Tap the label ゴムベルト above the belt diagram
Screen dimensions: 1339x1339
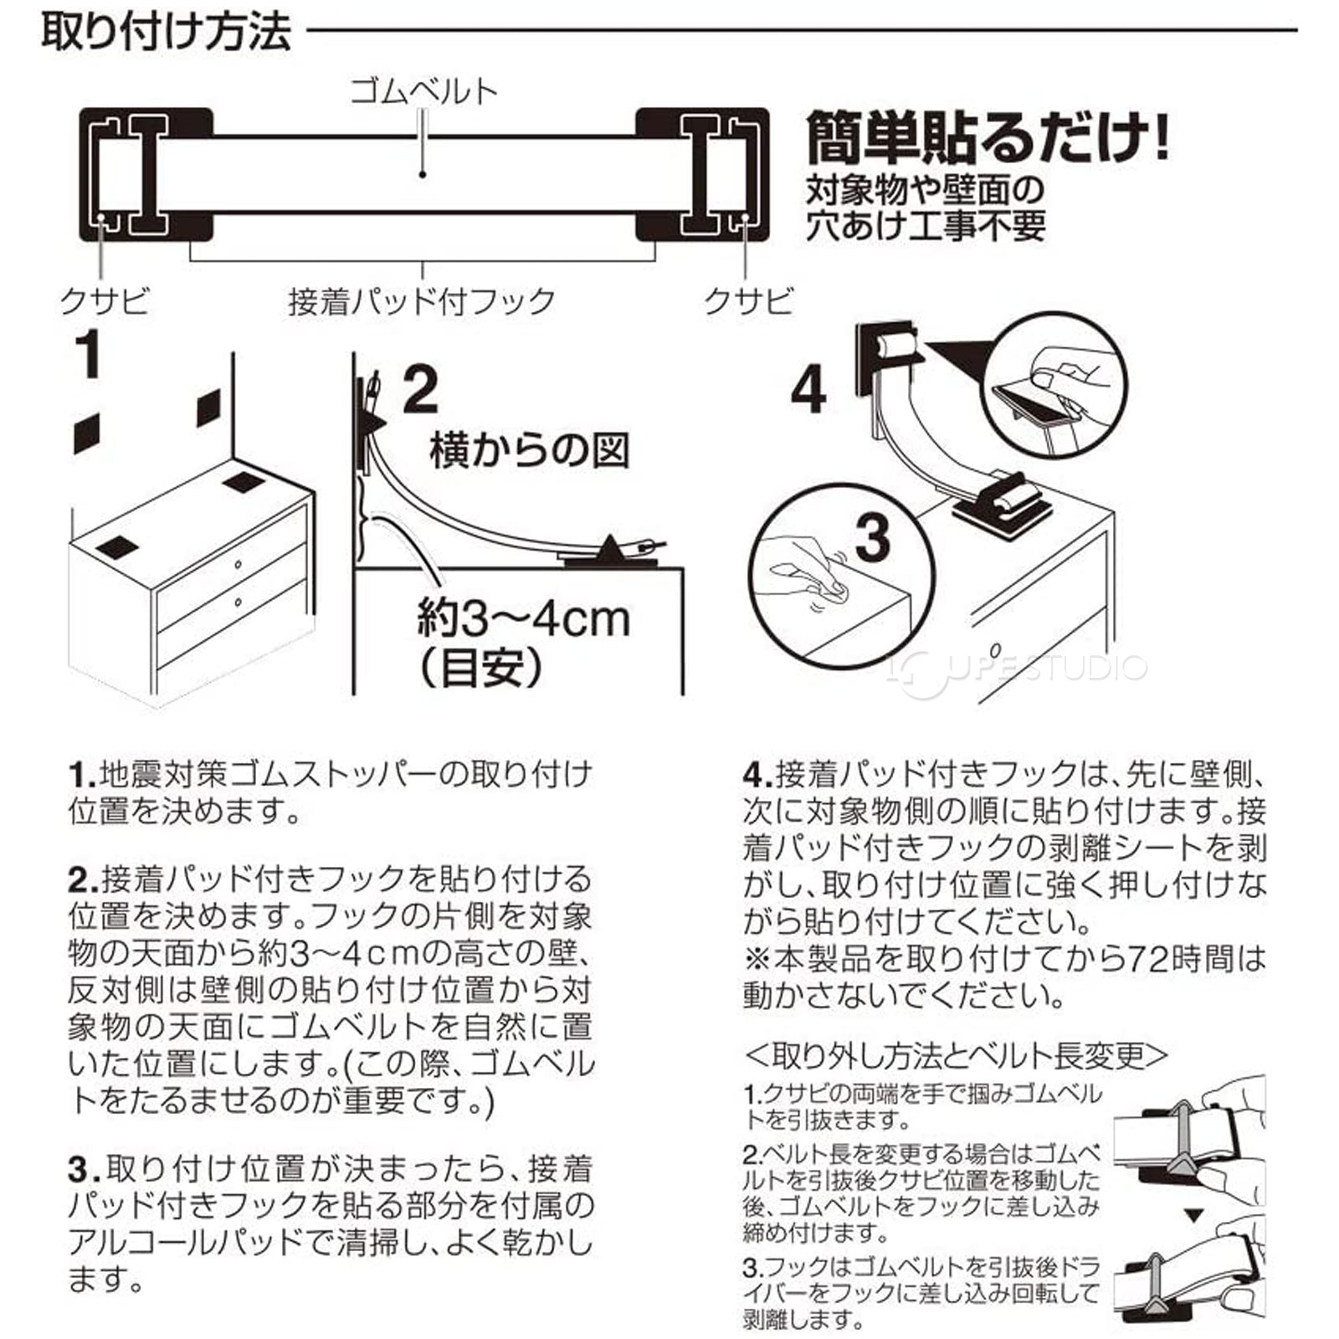pos(423,90)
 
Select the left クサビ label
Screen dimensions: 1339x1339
pos(105,300)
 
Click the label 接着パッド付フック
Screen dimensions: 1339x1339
pos(422,300)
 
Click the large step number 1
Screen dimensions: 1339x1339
pos(89,355)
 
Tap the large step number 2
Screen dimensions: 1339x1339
pos(420,390)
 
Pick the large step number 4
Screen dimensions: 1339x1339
pos(808,390)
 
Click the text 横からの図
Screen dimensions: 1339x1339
pos(529,450)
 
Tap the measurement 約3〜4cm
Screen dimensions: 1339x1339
pos(524,619)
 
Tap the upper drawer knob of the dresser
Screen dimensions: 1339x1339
pos(238,565)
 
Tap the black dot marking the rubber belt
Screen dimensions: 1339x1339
pos(423,174)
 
